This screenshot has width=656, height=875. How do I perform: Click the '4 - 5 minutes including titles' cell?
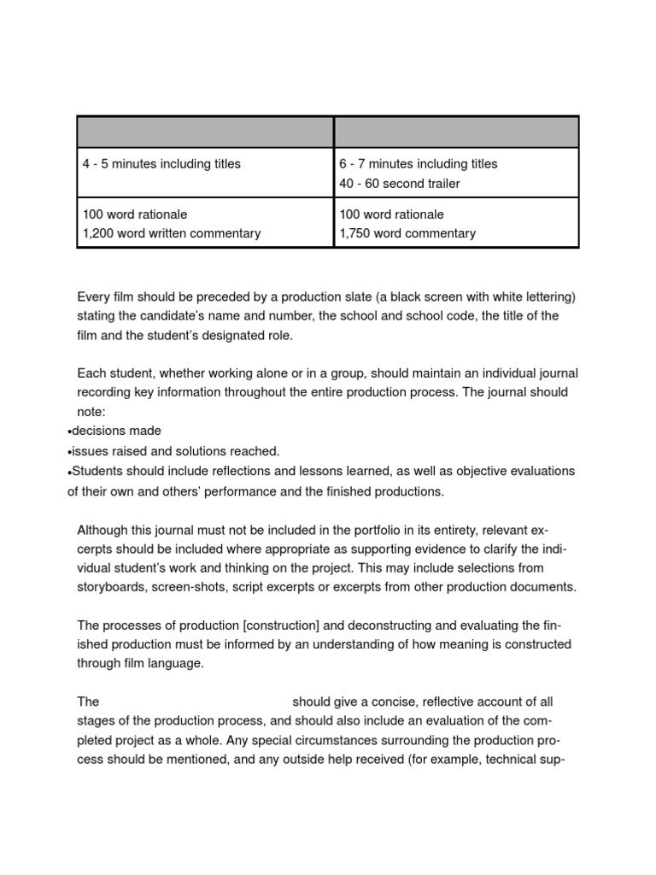click(162, 164)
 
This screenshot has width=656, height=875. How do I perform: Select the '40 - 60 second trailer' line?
click(400, 184)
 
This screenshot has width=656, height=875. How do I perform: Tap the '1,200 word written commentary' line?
click(172, 233)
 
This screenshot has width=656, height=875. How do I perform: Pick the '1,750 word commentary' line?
click(407, 233)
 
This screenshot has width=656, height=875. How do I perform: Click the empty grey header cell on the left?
click(205, 132)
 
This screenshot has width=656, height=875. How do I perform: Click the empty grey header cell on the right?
click(456, 132)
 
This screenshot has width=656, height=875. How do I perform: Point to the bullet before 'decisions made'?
click(69, 432)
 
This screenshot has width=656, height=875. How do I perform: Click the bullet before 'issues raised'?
click(69, 452)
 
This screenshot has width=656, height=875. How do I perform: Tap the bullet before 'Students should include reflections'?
click(69, 472)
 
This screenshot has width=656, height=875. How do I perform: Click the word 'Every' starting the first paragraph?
click(93, 297)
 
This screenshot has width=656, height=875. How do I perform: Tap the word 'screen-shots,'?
click(193, 587)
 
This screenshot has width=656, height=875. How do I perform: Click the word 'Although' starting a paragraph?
click(103, 529)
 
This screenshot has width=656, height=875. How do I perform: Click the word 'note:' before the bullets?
click(91, 412)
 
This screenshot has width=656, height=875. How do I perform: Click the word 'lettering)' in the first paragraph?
click(548, 297)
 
